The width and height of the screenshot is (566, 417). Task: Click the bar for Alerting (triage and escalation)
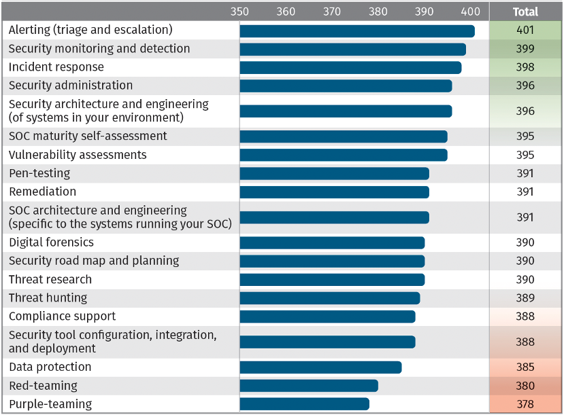(357, 31)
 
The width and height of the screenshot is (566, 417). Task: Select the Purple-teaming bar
(304, 404)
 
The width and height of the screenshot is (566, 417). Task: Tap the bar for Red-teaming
(309, 386)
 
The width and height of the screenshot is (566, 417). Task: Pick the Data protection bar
(320, 367)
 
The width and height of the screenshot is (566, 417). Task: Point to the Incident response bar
(350, 67)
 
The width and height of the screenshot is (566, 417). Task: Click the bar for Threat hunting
(330, 298)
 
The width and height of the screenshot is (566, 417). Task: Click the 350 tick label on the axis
(239, 12)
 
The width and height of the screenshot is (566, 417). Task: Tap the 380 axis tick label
(378, 12)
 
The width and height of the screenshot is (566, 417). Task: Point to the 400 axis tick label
(470, 12)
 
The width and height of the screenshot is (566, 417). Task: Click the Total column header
(525, 12)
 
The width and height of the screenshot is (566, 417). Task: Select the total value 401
(525, 31)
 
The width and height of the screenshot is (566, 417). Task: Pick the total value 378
(525, 404)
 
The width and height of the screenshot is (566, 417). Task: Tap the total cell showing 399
(525, 49)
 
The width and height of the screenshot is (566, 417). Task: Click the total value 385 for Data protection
(525, 367)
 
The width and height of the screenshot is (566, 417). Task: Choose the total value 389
(525, 298)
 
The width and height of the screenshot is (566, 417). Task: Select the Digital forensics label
(52, 242)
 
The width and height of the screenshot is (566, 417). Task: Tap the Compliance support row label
(63, 316)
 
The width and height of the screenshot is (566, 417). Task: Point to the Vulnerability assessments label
(78, 155)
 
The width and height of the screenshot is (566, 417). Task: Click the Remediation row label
(42, 192)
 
